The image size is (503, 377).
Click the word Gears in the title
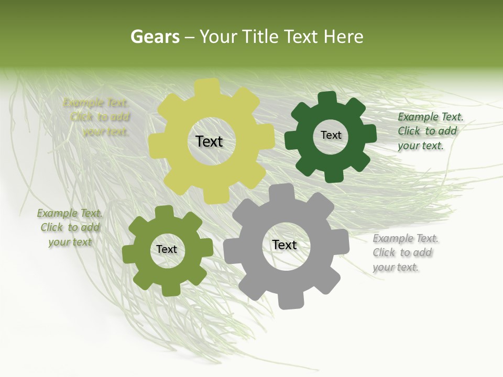pyautogui.click(x=155, y=37)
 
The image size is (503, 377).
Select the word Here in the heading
pyautogui.click(x=343, y=37)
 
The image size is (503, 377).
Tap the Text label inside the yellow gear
pyautogui.click(x=209, y=141)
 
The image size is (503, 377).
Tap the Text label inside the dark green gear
pyautogui.click(x=331, y=135)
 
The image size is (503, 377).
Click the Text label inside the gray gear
pyautogui.click(x=285, y=245)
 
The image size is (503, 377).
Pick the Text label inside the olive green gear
pyautogui.click(x=167, y=250)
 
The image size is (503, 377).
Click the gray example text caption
pyautogui.click(x=406, y=253)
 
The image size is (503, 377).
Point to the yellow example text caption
pyautogui.click(x=97, y=117)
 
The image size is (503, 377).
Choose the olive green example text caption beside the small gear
pyautogui.click(x=70, y=228)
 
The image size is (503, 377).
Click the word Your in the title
pyautogui.click(x=219, y=37)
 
